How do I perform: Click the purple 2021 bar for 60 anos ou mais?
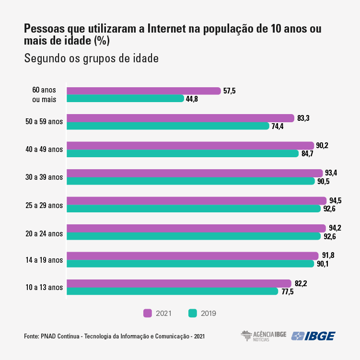coord(143,91)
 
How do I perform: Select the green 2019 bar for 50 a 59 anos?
coord(168,126)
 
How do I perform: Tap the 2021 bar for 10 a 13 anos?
coord(178,283)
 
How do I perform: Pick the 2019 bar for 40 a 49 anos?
coord(182,153)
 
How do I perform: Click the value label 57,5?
coord(230,91)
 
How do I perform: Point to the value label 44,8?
coord(193,99)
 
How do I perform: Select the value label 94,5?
coord(336,200)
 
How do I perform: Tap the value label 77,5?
coord(287,291)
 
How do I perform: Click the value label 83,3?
coord(303,118)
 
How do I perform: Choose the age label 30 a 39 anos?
coord(44,177)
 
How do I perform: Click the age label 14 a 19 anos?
coord(44,260)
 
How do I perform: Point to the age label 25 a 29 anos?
coord(44,205)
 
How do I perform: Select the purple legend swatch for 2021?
coord(148,313)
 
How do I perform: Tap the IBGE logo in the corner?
coord(314,336)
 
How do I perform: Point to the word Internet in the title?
coord(168,29)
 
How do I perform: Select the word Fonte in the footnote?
coord(32,337)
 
